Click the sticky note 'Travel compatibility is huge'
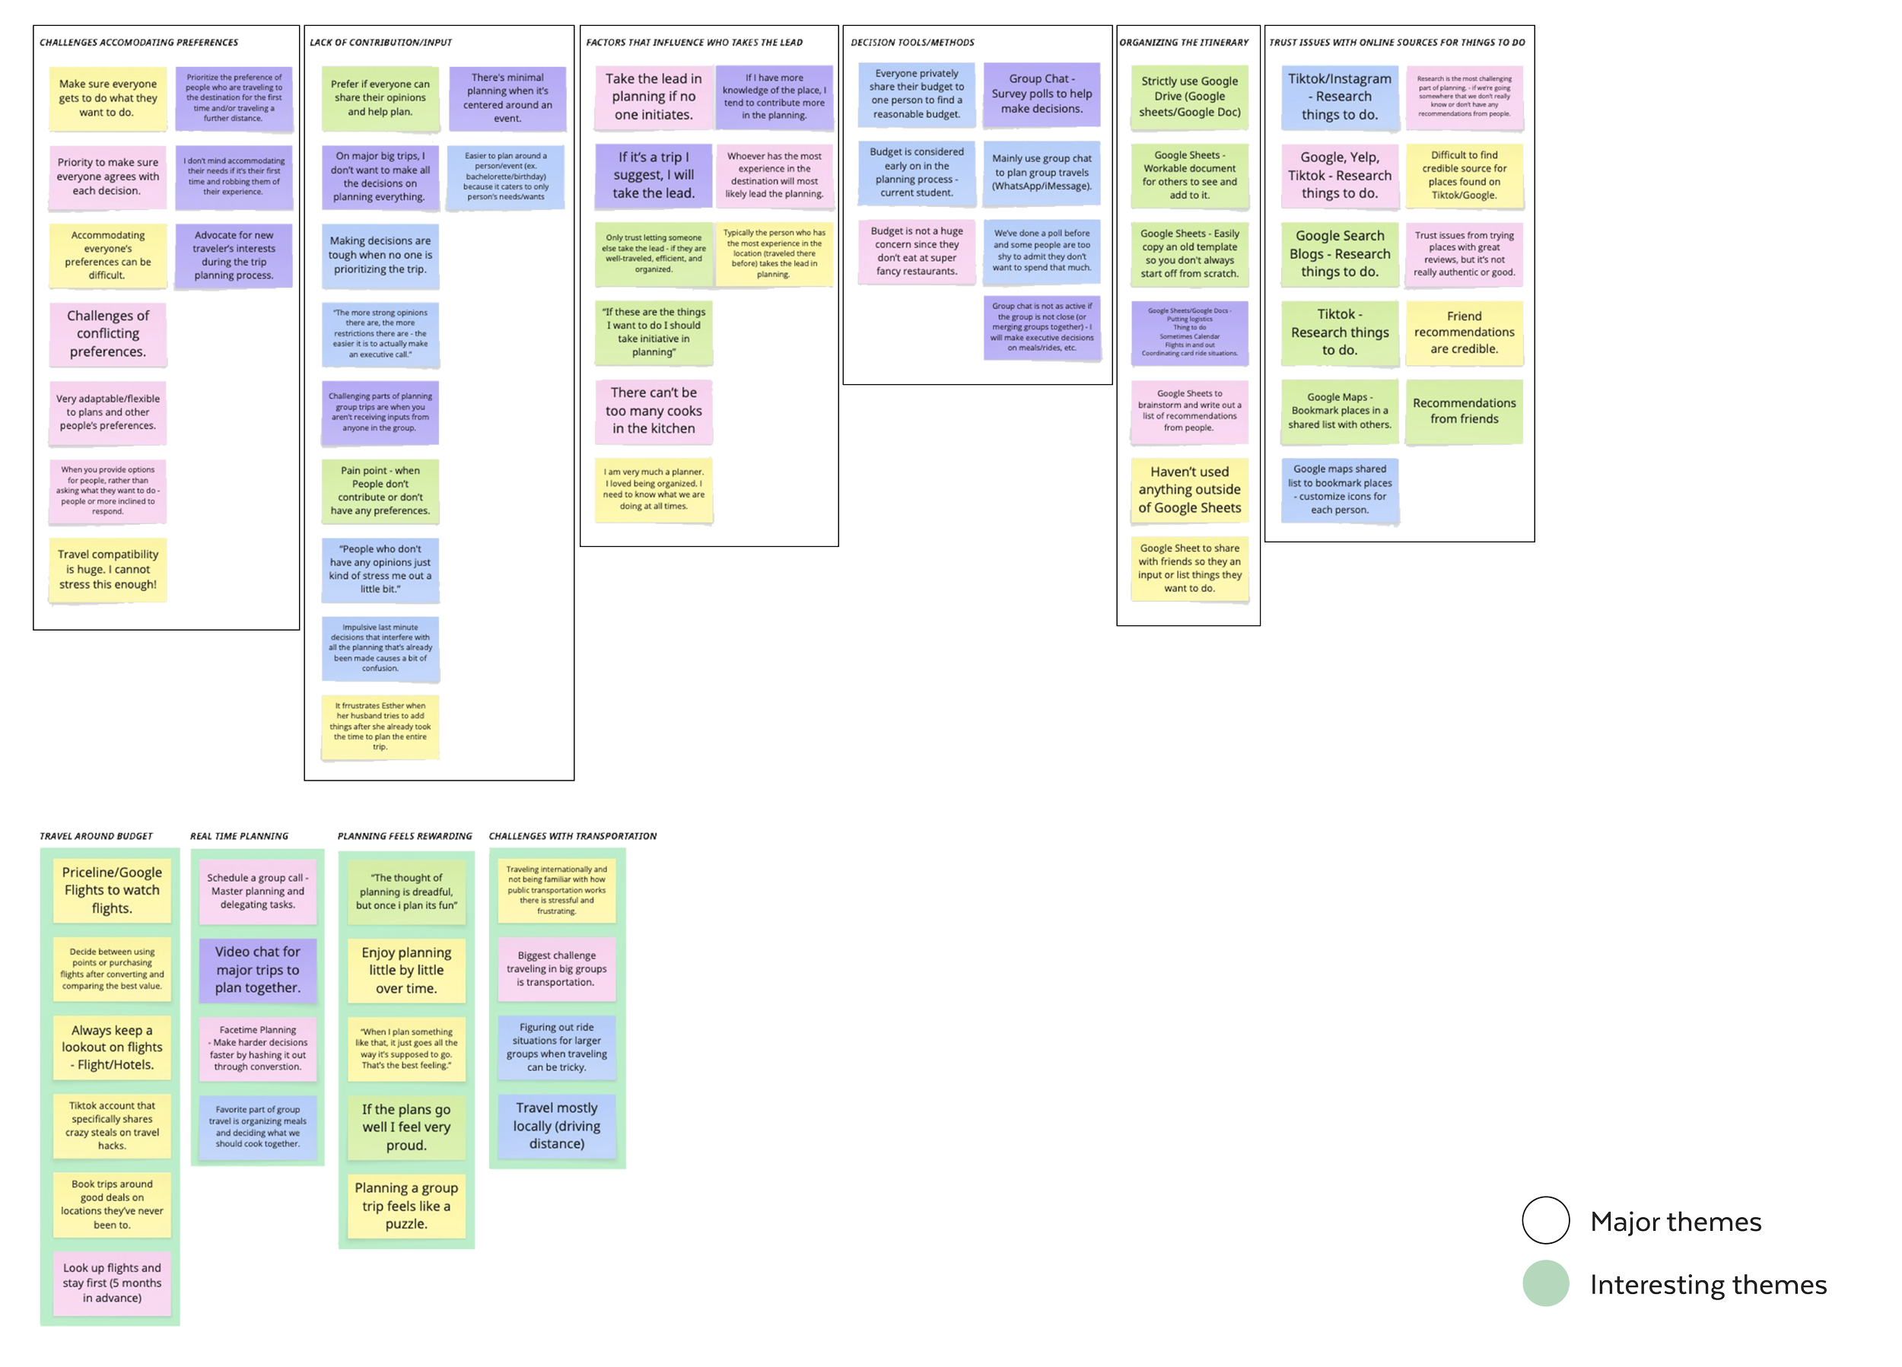point(108,570)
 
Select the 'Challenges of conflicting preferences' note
point(108,334)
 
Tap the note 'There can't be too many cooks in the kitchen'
point(654,410)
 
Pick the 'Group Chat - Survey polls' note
point(1042,94)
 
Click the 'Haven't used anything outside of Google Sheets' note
point(1189,490)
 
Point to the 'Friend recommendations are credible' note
point(1464,332)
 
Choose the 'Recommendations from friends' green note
point(1464,411)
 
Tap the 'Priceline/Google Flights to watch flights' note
point(112,890)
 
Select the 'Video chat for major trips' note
point(257,969)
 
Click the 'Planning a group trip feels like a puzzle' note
point(406,1206)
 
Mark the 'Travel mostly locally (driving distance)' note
point(557,1125)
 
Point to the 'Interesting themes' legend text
point(1709,1286)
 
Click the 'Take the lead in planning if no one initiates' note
point(654,97)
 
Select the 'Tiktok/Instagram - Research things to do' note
point(1339,97)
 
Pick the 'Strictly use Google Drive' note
point(1189,97)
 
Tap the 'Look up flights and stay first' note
point(112,1283)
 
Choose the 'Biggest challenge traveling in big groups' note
point(557,968)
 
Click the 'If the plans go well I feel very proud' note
point(406,1127)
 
